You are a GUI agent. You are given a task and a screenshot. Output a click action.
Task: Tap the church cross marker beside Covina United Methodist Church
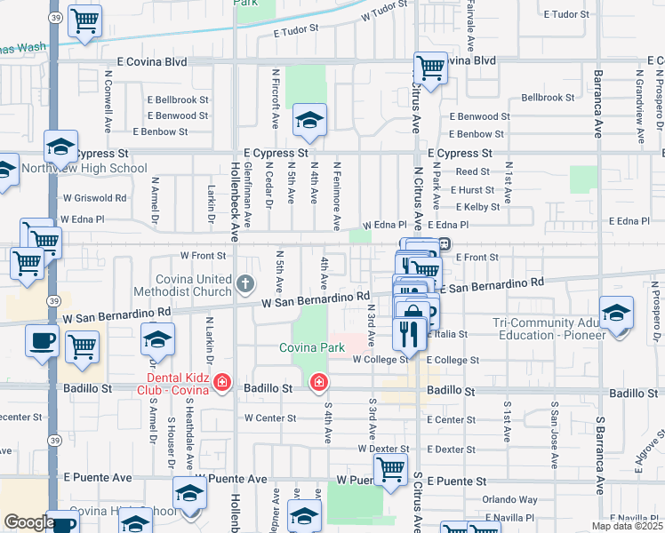tap(246, 285)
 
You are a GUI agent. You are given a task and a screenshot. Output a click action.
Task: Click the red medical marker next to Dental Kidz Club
tap(221, 384)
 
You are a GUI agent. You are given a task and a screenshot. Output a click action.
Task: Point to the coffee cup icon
tap(42, 339)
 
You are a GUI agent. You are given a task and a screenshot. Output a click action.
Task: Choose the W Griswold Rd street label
tap(94, 198)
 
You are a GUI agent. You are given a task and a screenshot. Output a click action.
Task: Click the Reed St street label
tap(473, 171)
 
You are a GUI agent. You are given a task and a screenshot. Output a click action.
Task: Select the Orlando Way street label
tap(510, 499)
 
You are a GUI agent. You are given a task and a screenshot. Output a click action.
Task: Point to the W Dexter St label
tap(382, 449)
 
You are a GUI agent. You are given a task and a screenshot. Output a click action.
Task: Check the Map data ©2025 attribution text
tap(624, 526)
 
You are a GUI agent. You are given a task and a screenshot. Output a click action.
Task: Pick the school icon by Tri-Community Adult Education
tap(616, 314)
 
